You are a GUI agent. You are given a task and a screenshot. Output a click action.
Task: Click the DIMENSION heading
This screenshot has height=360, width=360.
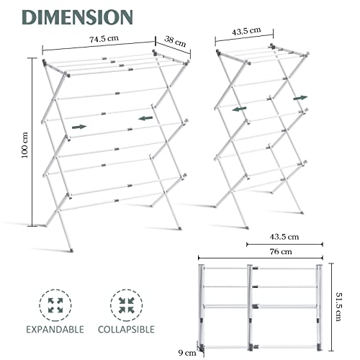point(77,17)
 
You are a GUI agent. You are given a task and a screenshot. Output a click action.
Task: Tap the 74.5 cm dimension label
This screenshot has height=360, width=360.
point(104,39)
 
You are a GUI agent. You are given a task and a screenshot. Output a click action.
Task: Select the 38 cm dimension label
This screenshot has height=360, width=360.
point(175,41)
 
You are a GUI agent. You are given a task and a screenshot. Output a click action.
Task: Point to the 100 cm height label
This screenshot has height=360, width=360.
point(24,145)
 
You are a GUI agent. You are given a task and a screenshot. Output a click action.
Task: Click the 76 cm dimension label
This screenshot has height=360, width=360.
point(281,252)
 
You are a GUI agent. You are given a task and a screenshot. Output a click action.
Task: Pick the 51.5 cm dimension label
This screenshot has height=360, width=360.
point(338,307)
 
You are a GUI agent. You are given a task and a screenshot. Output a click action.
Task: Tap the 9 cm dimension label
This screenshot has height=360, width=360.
point(187,353)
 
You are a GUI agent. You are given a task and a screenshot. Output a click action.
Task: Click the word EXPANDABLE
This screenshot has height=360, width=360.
point(55,330)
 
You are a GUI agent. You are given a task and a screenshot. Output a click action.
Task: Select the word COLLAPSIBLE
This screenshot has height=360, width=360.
point(126,330)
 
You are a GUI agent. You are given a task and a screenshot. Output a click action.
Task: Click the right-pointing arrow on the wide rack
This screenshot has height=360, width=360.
point(79,127)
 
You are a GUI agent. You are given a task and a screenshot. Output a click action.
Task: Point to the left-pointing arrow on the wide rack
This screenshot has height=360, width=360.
point(145,118)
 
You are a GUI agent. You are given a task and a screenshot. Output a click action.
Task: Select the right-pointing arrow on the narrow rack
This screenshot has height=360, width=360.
point(300,98)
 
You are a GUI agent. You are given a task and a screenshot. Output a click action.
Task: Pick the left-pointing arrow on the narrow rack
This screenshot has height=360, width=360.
point(239,109)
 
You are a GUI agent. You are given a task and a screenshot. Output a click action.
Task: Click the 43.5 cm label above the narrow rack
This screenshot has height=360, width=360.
point(246,31)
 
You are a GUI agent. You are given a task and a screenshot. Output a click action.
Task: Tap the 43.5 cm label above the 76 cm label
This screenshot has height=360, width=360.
point(284,237)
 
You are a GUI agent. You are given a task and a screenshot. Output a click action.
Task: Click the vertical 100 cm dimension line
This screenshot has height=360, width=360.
point(32,142)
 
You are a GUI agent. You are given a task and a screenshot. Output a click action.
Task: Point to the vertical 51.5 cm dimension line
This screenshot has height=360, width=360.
point(332,307)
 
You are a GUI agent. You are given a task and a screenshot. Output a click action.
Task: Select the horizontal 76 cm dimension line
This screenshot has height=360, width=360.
point(261,258)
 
